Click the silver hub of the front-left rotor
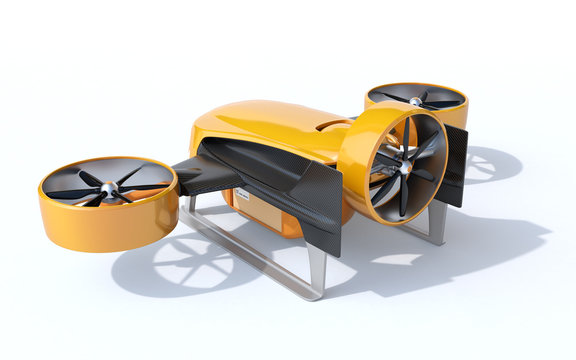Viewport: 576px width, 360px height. pyautogui.click(x=108, y=187)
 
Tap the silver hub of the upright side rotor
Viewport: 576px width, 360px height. pyautogui.click(x=404, y=169)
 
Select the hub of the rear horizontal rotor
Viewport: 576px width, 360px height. pyautogui.click(x=414, y=101)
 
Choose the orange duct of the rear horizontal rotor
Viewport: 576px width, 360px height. pyautogui.click(x=456, y=117)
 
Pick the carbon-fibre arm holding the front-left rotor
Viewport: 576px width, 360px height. pyautogui.click(x=200, y=174)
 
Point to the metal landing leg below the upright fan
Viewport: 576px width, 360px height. pyautogui.click(x=436, y=224)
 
